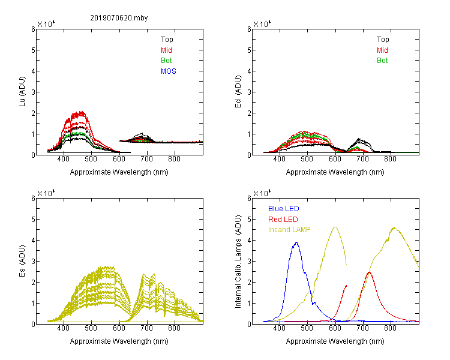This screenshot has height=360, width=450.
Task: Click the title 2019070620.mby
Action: tap(119, 18)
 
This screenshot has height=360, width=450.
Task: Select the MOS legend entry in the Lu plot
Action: tap(169, 71)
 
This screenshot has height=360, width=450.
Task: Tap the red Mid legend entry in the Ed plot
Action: tap(382, 50)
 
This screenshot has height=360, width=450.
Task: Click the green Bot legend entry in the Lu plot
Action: tap(166, 61)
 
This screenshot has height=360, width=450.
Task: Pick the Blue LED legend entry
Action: tap(284, 209)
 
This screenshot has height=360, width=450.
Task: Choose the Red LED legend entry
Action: tap(283, 220)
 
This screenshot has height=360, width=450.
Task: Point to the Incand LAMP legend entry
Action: tap(289, 230)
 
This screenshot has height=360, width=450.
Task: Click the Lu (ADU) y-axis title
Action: tap(22, 92)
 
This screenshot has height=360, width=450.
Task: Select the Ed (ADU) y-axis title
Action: tap(238, 92)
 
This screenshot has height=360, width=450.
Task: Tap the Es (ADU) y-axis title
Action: tap(22, 261)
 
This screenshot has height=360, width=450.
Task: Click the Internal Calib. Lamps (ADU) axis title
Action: tap(238, 262)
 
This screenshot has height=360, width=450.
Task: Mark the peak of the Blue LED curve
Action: tap(296, 242)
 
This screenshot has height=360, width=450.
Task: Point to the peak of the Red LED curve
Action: tap(369, 272)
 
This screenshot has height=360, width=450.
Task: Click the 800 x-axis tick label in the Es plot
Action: tap(174, 328)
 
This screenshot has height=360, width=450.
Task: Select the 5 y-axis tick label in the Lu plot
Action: tap(33, 50)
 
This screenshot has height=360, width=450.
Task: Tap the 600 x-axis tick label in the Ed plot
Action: tap(335, 159)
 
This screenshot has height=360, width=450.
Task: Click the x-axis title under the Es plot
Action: tap(119, 341)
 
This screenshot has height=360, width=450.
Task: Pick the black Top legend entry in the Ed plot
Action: tap(383, 40)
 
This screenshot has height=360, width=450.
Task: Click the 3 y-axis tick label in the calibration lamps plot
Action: tap(249, 262)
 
